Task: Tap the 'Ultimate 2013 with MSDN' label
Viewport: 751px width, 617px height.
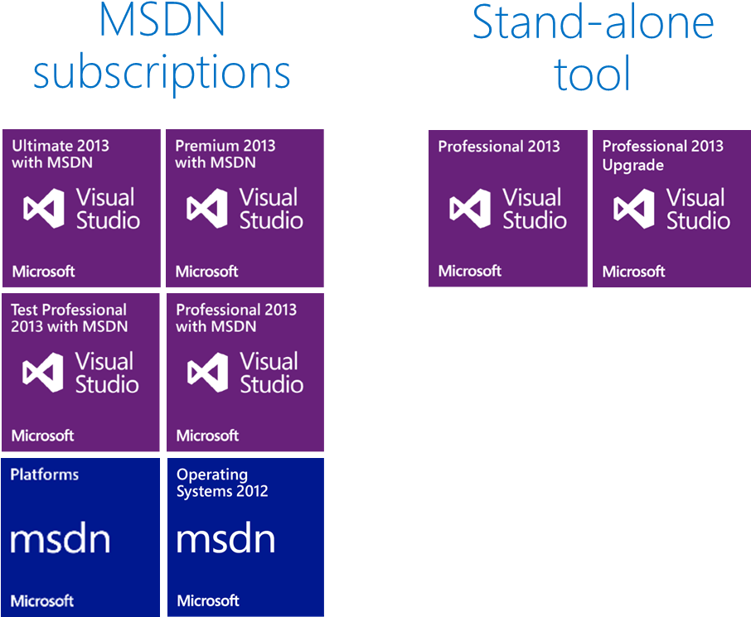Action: coord(61,154)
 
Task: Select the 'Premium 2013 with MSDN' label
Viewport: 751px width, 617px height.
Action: coord(225,154)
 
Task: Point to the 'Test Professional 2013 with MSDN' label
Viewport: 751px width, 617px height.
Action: coord(69,318)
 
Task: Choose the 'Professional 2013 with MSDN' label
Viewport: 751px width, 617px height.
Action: coord(236,318)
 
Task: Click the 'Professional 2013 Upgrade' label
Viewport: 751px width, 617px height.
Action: coord(662,155)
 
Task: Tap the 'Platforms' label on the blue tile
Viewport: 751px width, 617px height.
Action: coord(45,475)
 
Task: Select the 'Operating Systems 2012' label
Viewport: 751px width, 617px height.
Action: coord(222,483)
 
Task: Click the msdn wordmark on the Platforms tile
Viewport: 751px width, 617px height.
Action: coord(61,540)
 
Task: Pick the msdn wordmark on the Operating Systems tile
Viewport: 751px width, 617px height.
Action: coord(225,540)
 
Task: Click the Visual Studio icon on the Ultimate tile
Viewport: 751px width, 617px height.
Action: coord(44,209)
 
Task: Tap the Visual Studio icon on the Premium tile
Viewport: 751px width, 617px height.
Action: coord(207,209)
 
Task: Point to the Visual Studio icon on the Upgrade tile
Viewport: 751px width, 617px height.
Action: coord(634,209)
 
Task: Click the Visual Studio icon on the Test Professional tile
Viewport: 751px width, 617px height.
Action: coord(44,373)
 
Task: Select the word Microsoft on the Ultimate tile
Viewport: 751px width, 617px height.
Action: coord(43,271)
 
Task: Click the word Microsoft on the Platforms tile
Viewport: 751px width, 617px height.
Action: coord(43,600)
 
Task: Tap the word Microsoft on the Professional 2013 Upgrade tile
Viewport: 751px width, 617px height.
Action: coord(633,271)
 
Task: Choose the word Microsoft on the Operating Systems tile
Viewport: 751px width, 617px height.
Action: coord(208,600)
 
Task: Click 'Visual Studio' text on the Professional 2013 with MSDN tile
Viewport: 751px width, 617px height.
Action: coord(271,373)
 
